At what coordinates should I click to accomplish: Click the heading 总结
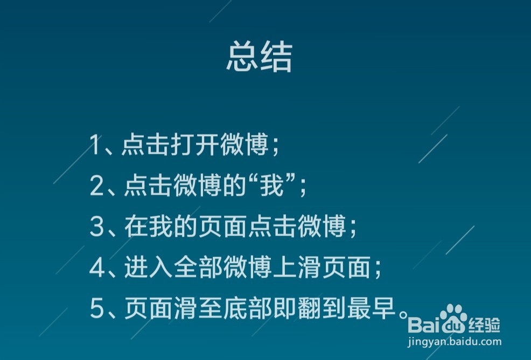[x=259, y=57]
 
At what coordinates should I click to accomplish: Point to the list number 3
[x=97, y=226]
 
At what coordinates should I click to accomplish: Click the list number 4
[x=97, y=267]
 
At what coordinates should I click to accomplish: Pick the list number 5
[x=97, y=308]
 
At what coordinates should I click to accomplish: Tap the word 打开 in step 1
[x=195, y=144]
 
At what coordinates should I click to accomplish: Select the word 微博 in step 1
[x=244, y=144]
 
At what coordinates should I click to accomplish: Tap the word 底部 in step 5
[x=248, y=308]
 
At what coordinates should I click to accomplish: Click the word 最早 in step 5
[x=371, y=308]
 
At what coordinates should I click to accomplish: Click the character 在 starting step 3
[x=136, y=226]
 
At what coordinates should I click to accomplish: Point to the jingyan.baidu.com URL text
[x=455, y=342]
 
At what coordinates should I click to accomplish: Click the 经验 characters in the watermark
[x=484, y=325]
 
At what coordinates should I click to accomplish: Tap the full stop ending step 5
[x=403, y=314]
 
